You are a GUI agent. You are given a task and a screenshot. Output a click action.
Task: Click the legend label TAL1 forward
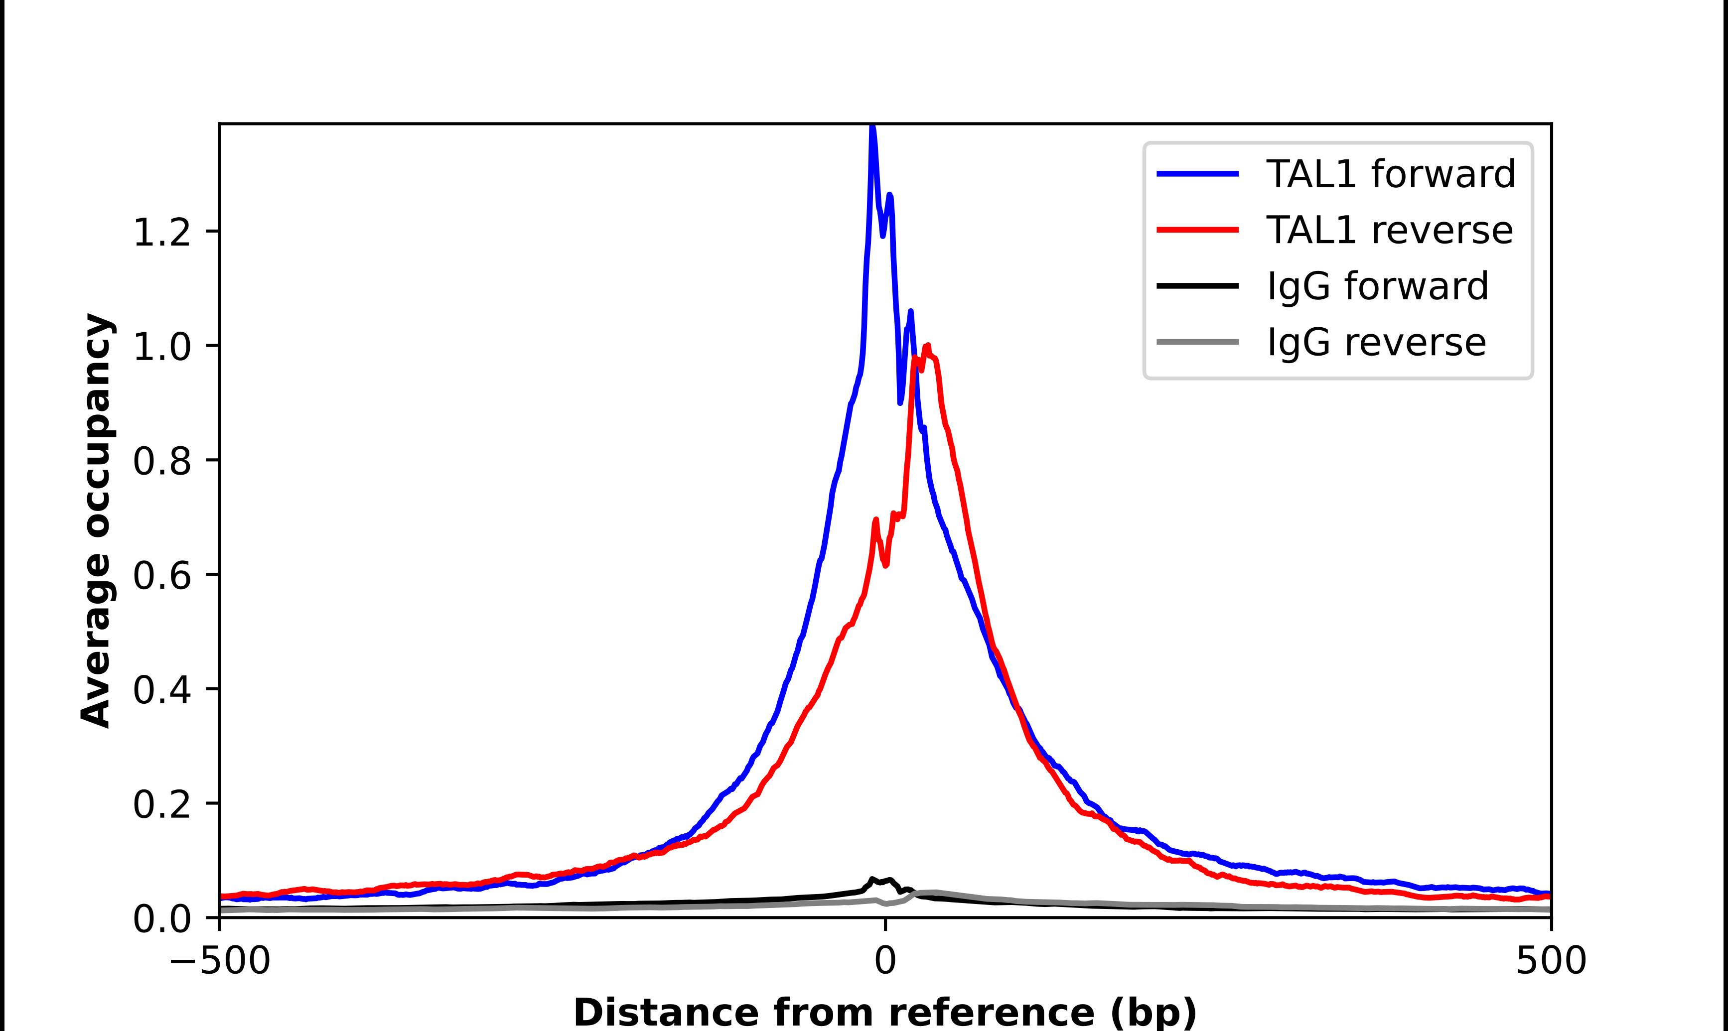pyautogui.click(x=1390, y=174)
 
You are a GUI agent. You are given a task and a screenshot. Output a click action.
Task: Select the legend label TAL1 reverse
pyautogui.click(x=1389, y=230)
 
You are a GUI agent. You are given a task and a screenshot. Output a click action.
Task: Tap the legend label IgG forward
pyautogui.click(x=1377, y=286)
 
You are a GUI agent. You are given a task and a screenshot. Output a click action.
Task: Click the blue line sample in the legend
pyautogui.click(x=1197, y=174)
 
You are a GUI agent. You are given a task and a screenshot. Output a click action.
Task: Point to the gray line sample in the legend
pyautogui.click(x=1197, y=342)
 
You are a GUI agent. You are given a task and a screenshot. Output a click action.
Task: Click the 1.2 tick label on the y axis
pyautogui.click(x=161, y=232)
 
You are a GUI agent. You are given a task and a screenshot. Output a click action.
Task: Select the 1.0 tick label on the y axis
pyautogui.click(x=161, y=347)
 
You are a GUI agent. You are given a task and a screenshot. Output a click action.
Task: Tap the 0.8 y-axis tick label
pyautogui.click(x=161, y=461)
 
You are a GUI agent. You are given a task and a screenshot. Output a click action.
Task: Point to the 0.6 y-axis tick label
pyautogui.click(x=161, y=576)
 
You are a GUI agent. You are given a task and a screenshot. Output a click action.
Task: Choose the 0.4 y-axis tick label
pyautogui.click(x=161, y=691)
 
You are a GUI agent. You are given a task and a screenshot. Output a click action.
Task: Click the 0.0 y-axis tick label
pyautogui.click(x=161, y=919)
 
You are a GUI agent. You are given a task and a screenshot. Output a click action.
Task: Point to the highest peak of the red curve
pyautogui.click(x=928, y=346)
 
